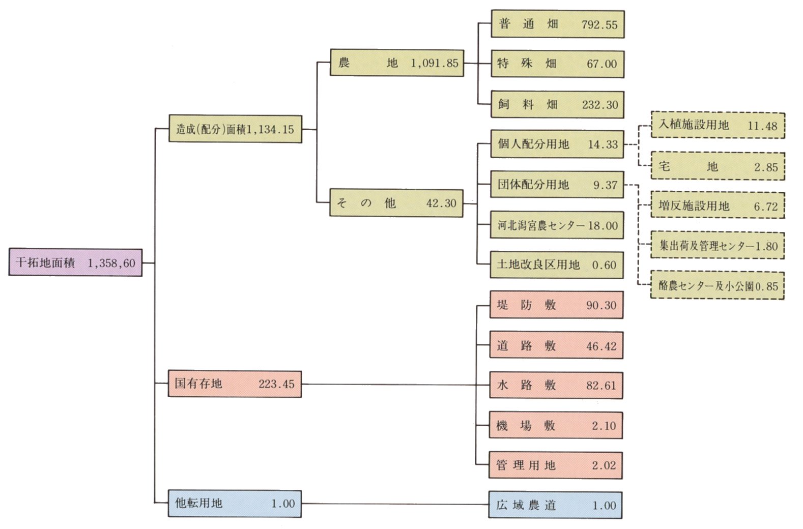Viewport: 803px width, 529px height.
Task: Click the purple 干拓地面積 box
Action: [75, 262]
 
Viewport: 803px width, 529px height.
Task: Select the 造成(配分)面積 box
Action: [235, 129]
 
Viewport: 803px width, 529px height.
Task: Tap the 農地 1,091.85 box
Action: [397, 63]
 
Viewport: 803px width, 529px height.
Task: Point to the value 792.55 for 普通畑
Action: [599, 24]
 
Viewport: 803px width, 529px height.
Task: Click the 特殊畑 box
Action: [557, 64]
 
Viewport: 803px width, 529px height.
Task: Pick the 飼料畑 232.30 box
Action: [557, 105]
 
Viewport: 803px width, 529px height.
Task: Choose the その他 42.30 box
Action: [396, 203]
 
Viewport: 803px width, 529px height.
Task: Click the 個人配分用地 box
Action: [557, 144]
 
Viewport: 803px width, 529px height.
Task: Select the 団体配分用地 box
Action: [557, 185]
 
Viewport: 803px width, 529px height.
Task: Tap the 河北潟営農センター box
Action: [557, 225]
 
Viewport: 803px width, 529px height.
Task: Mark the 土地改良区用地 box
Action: [557, 264]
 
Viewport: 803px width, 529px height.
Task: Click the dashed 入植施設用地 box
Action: [718, 125]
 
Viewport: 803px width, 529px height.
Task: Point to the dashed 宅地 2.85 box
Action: [718, 166]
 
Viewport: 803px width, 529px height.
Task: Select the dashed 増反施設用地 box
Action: [718, 206]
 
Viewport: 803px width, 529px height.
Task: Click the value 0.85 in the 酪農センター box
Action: [767, 286]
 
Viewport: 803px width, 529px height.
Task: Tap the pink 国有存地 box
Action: [235, 384]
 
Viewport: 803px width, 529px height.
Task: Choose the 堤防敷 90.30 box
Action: [556, 305]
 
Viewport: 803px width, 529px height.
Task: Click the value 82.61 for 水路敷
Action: [601, 386]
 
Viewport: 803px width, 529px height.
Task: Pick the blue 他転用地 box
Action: [235, 504]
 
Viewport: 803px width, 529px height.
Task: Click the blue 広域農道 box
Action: [555, 505]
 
